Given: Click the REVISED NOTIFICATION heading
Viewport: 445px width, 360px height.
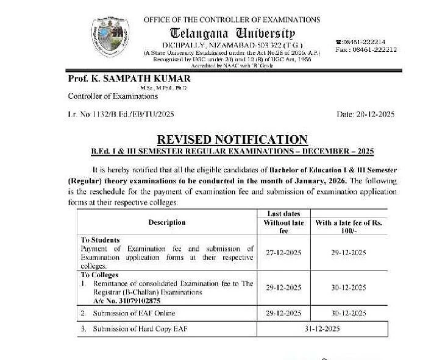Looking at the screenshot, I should tap(232, 139).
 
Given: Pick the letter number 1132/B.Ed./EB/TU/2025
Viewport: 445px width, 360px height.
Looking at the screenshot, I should tap(130, 115).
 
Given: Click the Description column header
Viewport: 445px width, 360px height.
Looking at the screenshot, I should tap(167, 222).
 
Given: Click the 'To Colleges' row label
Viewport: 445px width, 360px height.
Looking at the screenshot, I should tap(101, 275).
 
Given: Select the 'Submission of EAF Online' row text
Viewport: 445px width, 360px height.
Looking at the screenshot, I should tap(134, 313).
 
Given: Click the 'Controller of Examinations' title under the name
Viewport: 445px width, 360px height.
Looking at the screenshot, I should tap(113, 96).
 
